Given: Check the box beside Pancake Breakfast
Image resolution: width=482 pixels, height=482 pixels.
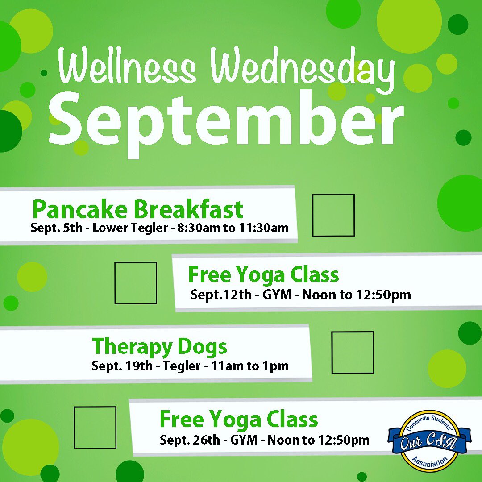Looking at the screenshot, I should point(333,215).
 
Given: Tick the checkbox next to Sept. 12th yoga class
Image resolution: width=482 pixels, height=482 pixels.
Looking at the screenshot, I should point(136,283).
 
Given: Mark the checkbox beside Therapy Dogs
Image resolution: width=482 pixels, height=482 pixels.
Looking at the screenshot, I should point(353,353).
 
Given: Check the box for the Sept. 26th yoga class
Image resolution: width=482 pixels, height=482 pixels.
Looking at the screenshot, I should point(95,428).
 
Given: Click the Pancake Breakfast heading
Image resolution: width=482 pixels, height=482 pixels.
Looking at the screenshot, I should point(138,209).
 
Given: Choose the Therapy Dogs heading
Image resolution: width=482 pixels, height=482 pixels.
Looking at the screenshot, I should point(159,346).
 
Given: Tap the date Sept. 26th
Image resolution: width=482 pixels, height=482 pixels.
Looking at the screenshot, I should point(190,440).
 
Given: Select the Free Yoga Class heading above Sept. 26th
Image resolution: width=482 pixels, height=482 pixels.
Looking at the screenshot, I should point(239,420).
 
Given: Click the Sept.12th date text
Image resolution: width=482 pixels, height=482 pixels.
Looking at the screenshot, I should point(221,295).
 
